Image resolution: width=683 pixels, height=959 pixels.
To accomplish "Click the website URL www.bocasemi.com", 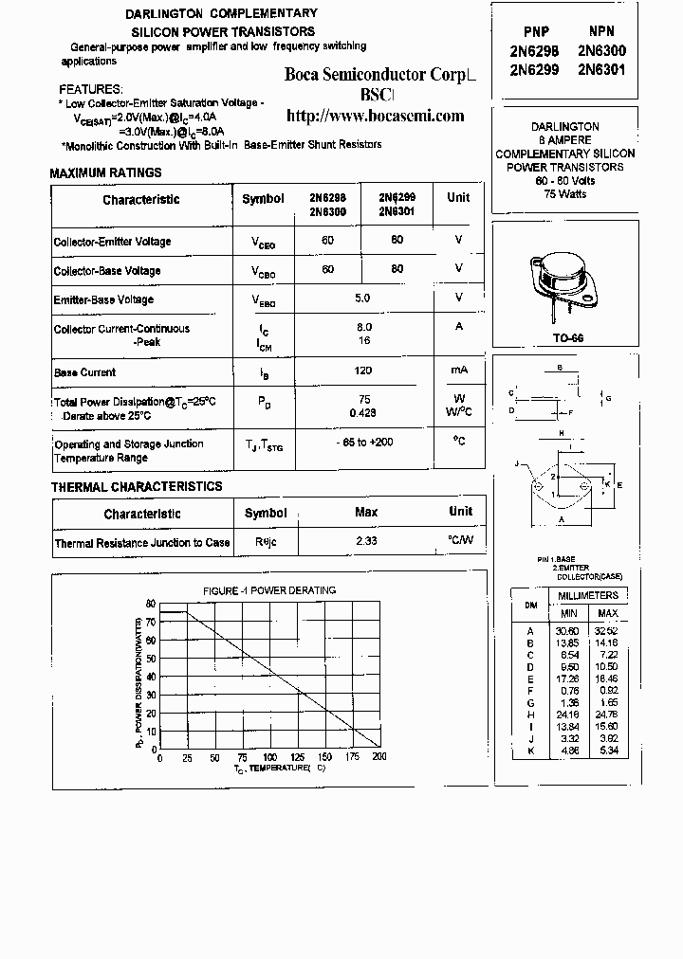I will coord(375,117).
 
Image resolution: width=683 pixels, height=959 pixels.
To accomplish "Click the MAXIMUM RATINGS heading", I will coord(105,173).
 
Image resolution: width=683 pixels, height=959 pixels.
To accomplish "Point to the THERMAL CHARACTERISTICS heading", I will coord(137,486).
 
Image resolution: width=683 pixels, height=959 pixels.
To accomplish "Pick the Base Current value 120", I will coord(361,371).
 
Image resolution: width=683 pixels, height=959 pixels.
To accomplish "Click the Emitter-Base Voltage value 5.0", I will coord(361,298).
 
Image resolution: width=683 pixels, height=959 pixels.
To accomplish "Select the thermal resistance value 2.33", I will coord(366,542).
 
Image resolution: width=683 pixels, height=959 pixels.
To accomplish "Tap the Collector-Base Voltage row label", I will coord(107,271).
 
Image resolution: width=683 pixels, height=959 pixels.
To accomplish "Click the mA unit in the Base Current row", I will coord(458,370).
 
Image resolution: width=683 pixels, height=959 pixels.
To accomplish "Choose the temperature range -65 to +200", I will coord(364,443).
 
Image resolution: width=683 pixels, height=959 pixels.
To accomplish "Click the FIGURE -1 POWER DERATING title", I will coord(269,590).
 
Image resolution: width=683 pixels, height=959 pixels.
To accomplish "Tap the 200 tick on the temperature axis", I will coord(379,758).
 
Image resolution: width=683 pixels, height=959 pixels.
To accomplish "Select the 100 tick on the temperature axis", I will coord(270,758).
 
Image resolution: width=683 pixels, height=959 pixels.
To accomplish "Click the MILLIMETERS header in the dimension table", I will coord(587,595).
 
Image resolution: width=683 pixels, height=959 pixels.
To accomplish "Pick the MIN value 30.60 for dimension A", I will coord(566,630).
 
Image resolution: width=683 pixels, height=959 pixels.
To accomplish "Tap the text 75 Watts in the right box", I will coord(565,194).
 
